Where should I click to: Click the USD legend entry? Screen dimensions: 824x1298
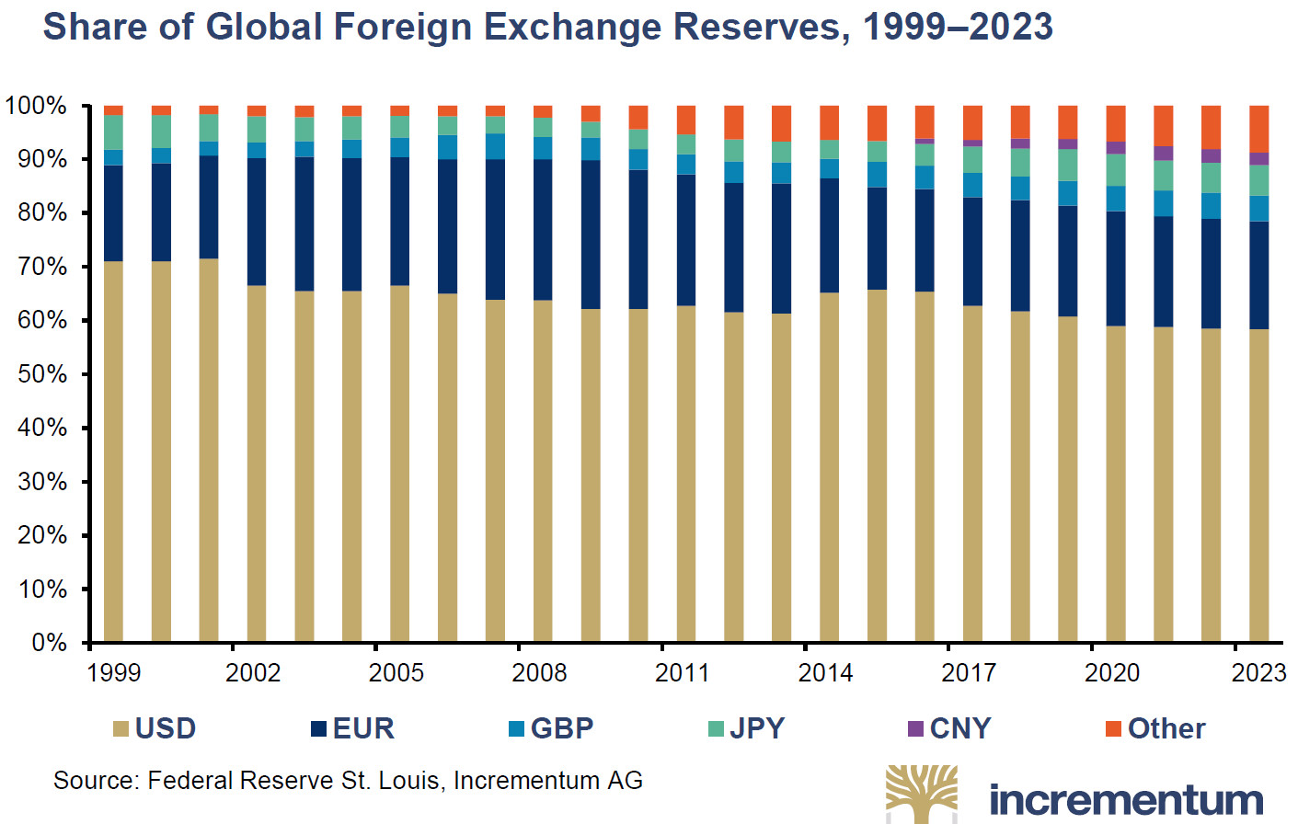coord(155,728)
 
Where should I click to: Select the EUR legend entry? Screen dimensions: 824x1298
coord(353,728)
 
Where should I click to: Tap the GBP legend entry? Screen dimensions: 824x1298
coord(552,728)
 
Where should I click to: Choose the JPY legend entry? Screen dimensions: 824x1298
coord(747,728)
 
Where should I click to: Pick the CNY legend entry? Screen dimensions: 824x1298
coord(949,728)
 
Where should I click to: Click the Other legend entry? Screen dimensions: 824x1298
coord(1155,728)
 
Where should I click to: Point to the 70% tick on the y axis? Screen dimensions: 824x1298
coord(42,267)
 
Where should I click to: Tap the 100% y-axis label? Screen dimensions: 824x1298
coord(36,106)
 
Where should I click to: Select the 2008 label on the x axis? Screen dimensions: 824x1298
coord(539,673)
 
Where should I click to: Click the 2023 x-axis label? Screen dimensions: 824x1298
coord(1258,673)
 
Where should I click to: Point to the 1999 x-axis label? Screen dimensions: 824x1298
coord(114,673)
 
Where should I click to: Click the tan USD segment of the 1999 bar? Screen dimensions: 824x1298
coord(113,451)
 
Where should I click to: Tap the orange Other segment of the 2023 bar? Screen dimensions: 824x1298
coord(1258,128)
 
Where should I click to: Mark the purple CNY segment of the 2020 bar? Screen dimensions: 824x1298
coord(1115,147)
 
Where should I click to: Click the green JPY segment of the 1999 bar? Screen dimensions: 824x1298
coord(113,132)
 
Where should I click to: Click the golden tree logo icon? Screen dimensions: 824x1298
coord(921,794)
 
